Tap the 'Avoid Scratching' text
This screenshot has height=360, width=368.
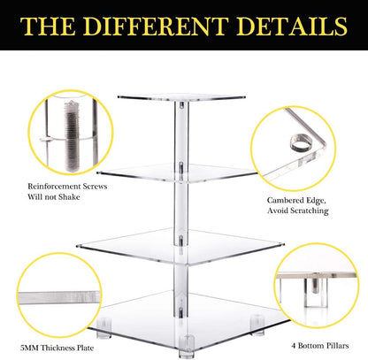299,211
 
